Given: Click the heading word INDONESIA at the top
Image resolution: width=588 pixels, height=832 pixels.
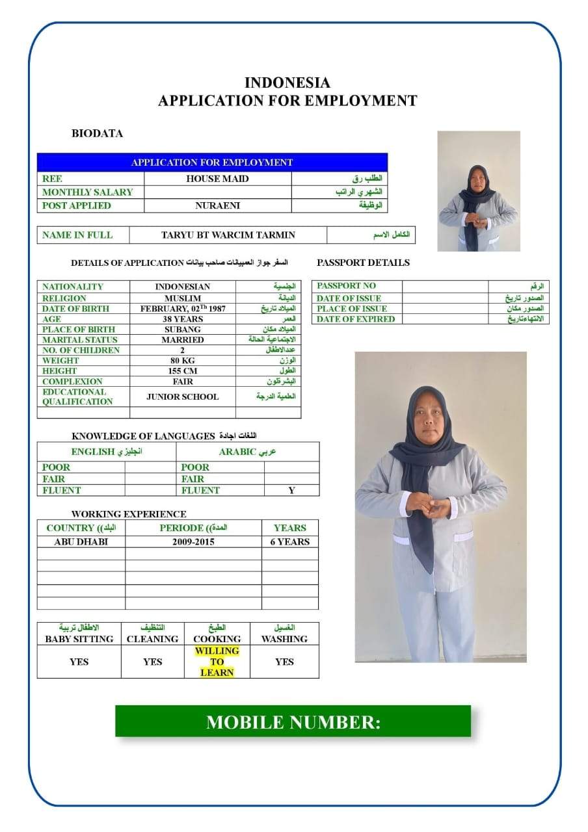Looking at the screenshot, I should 287,83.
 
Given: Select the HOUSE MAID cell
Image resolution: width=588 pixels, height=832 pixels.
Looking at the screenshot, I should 217,179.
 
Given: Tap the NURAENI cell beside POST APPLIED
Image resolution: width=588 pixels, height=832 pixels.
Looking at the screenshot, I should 217,205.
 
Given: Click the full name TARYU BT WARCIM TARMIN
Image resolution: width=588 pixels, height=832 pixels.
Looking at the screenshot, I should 228,235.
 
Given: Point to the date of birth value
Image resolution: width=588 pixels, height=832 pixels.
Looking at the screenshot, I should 183,309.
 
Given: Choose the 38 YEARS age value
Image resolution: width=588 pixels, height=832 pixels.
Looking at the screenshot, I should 183,319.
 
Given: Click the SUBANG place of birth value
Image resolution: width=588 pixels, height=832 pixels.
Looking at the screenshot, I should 183,330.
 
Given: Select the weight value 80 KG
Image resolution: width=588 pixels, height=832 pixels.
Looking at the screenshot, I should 183,361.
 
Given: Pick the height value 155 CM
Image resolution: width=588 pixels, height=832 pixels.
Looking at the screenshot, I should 183,371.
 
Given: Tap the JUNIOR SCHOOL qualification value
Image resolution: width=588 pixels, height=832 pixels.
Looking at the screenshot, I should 183,396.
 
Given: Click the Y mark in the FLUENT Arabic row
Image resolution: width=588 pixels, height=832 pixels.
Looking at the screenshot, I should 291,491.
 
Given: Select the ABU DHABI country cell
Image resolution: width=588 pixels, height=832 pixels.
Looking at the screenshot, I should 81,541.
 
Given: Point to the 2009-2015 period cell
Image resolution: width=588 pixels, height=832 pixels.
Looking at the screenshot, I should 193,541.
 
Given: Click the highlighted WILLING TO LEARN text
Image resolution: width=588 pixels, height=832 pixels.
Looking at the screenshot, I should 217,662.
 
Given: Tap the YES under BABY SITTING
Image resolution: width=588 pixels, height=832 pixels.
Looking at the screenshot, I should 79,662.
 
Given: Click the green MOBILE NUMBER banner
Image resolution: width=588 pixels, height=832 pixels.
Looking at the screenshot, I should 293,721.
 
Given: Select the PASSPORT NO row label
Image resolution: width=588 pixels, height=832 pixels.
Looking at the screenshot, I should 346,286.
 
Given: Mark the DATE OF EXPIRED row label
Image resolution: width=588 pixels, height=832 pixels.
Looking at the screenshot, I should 356,319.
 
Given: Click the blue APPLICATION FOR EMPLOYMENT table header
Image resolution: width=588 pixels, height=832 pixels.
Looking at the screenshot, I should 212,162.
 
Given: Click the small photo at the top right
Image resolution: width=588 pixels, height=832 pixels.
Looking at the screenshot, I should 478,191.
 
